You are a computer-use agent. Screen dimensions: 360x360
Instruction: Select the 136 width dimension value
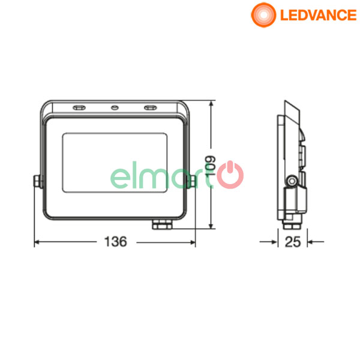click(115, 242)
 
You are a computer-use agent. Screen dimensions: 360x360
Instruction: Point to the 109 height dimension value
click(211, 166)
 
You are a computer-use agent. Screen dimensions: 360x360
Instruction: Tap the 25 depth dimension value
click(292, 242)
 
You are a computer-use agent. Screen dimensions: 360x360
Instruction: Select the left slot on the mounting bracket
click(79, 109)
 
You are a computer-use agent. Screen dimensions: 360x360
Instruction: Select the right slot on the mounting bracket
click(149, 109)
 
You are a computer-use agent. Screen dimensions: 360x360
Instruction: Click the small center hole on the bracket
click(114, 109)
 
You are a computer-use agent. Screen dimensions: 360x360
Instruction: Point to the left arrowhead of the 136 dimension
click(36, 242)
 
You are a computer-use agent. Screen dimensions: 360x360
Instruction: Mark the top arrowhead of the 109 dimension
click(211, 104)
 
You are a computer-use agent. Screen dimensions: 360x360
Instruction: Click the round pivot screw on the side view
click(292, 180)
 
